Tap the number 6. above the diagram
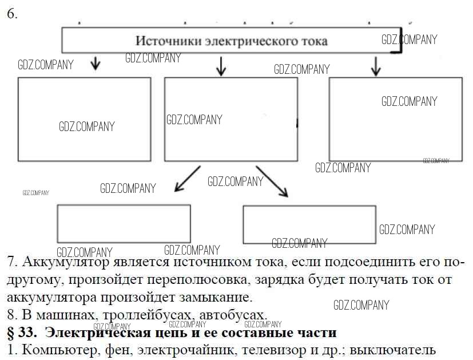click(x=12, y=14)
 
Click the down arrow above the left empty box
click(x=96, y=62)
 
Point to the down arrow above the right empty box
click(x=376, y=66)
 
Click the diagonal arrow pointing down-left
click(x=187, y=179)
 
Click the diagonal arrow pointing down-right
click(x=272, y=181)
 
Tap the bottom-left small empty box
click(x=124, y=223)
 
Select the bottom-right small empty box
click(x=309, y=224)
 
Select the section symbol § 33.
click(x=21, y=332)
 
